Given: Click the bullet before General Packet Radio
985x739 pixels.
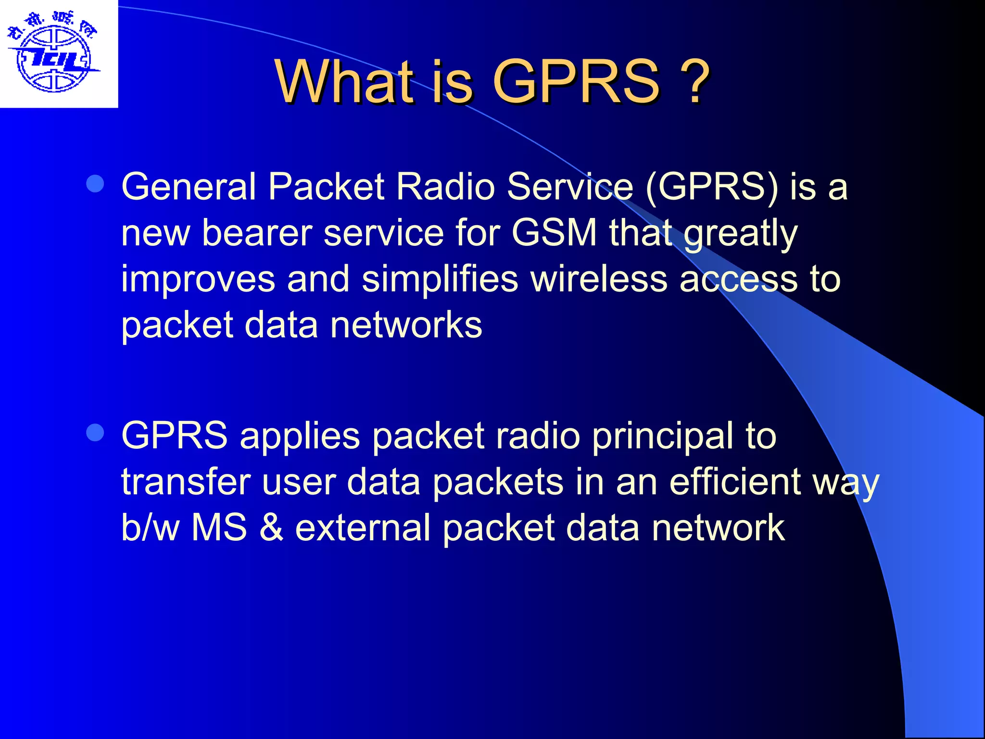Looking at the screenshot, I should (95, 184).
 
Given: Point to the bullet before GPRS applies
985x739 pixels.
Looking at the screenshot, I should (95, 433).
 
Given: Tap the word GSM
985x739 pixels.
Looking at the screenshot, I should (554, 233).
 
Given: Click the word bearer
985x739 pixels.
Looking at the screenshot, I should (257, 233).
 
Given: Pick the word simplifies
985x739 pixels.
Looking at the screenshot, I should (440, 279).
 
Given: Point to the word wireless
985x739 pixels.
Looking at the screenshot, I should (599, 279).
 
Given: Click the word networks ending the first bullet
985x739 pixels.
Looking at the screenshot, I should (406, 325).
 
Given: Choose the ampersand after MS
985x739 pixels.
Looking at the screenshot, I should (271, 528).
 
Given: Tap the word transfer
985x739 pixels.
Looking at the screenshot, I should (186, 482).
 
